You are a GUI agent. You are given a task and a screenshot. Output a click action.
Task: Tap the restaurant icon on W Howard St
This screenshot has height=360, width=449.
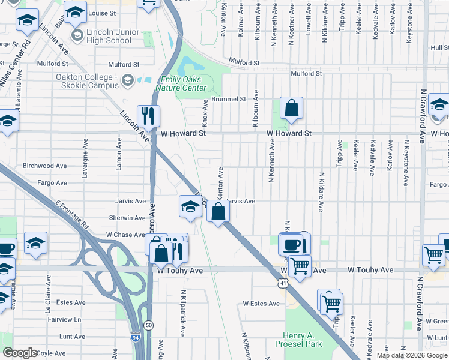click(148, 116)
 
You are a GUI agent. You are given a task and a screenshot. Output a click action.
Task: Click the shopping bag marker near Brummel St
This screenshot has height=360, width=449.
click(291, 108)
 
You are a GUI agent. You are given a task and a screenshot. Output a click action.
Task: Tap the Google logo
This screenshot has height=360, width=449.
click(20, 353)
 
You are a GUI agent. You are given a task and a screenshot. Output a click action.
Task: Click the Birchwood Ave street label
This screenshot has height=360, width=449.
click(44, 166)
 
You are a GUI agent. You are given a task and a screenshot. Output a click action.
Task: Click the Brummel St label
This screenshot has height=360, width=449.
click(229, 99)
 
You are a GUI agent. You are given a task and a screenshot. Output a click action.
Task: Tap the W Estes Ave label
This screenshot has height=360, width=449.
click(261, 304)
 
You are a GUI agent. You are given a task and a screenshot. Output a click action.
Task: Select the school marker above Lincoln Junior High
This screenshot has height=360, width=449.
click(76, 11)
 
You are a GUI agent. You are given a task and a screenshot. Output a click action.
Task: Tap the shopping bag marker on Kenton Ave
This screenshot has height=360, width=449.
click(218, 211)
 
